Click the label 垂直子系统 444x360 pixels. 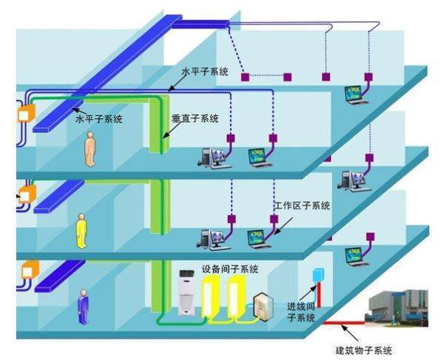coord(195,118)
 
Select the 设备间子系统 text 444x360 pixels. coord(230,269)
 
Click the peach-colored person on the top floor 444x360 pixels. coord(90,149)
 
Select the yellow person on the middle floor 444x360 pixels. coord(81,229)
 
